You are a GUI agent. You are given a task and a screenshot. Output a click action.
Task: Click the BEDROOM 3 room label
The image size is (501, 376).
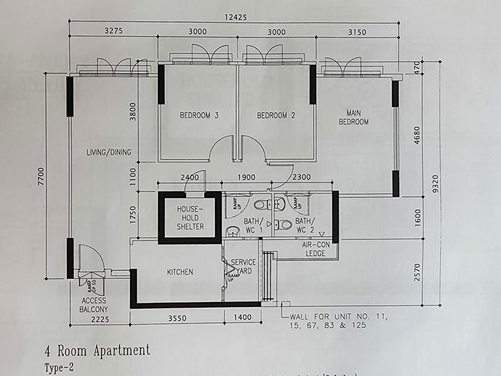199,115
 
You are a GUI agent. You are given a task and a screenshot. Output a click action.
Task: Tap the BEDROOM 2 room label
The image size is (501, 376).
276,115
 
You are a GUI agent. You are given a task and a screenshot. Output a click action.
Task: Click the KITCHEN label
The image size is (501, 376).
180,272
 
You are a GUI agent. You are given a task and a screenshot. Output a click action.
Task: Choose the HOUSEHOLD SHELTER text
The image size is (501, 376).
190,217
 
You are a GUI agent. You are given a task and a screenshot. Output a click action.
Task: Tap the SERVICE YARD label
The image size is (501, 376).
243,267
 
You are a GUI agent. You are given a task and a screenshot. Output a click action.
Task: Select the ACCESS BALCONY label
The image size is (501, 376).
95,305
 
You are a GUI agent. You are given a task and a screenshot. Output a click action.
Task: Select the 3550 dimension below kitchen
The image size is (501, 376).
178,318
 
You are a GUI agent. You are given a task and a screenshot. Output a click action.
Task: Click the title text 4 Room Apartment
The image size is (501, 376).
97,350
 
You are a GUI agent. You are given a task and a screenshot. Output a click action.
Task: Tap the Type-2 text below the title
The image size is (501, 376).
59,367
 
